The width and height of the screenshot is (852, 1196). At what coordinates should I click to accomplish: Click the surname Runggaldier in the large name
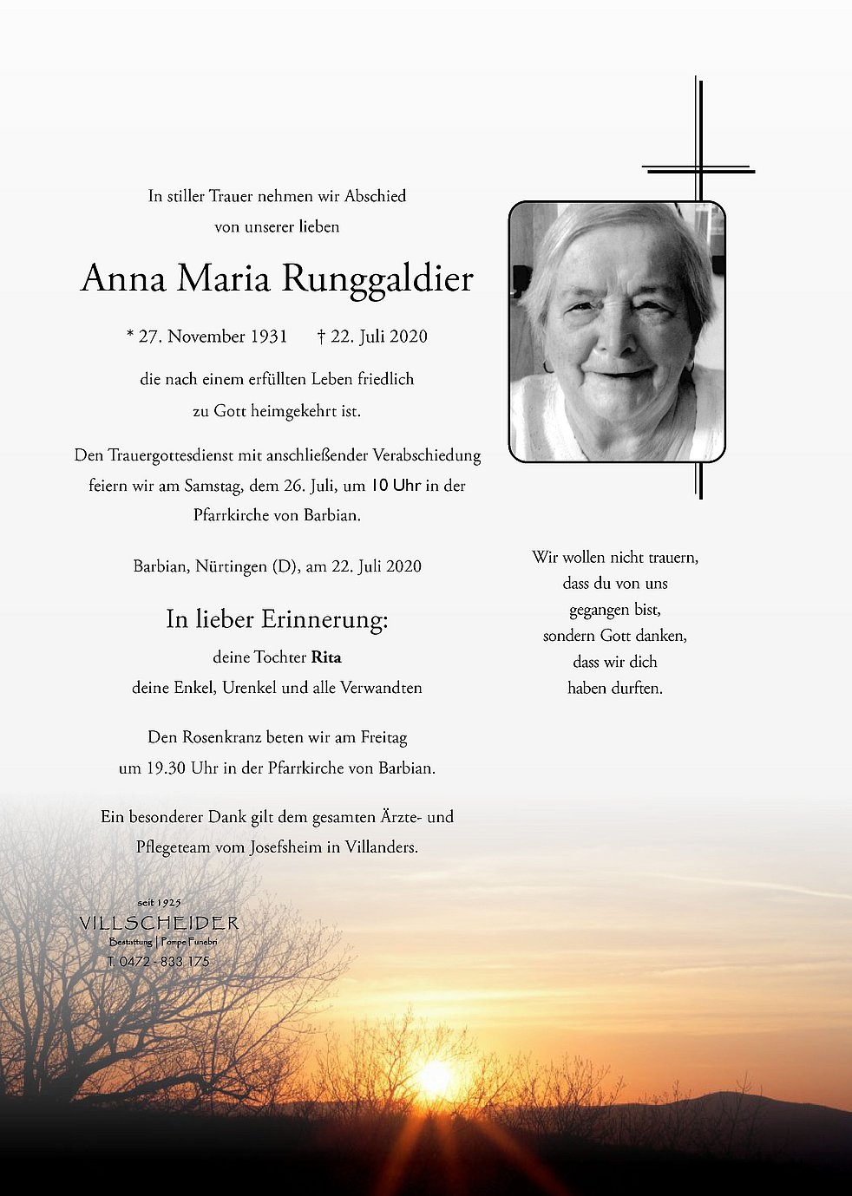coord(377,279)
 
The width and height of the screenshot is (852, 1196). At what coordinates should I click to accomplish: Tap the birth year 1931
coord(269,337)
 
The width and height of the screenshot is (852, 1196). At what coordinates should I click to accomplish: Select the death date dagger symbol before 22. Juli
coord(321,336)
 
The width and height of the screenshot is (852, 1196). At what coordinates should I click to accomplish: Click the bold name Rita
coord(326,657)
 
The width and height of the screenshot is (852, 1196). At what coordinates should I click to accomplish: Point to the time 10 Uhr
coord(396,486)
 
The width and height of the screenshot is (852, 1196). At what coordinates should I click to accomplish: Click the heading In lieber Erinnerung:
coord(277,619)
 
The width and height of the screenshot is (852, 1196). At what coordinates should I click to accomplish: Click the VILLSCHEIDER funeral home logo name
coord(159,923)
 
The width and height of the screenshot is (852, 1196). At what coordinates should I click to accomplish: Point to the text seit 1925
coord(159,903)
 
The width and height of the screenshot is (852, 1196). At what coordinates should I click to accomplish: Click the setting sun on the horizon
coord(435,1078)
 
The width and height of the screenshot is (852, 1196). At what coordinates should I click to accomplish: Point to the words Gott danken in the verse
coord(643,636)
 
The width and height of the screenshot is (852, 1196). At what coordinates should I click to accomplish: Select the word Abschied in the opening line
coord(375,196)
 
